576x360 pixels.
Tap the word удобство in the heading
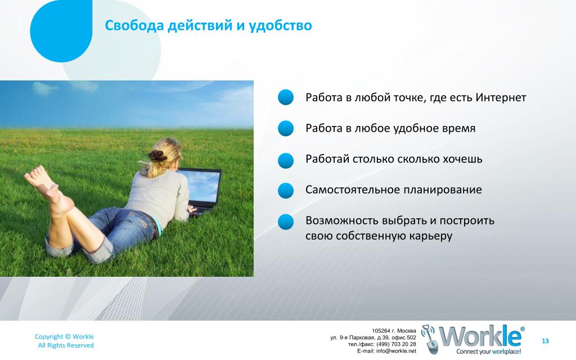point(280,26)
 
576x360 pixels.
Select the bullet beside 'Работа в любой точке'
point(285,97)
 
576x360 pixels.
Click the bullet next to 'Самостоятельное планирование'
point(285,191)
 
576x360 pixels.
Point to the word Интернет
point(501,97)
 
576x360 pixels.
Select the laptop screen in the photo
point(202,186)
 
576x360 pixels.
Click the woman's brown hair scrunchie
point(158,156)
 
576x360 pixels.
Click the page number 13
point(545,341)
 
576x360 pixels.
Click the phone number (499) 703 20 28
point(397,344)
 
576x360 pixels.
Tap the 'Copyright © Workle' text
point(64,336)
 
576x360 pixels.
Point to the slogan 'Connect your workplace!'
point(489,352)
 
